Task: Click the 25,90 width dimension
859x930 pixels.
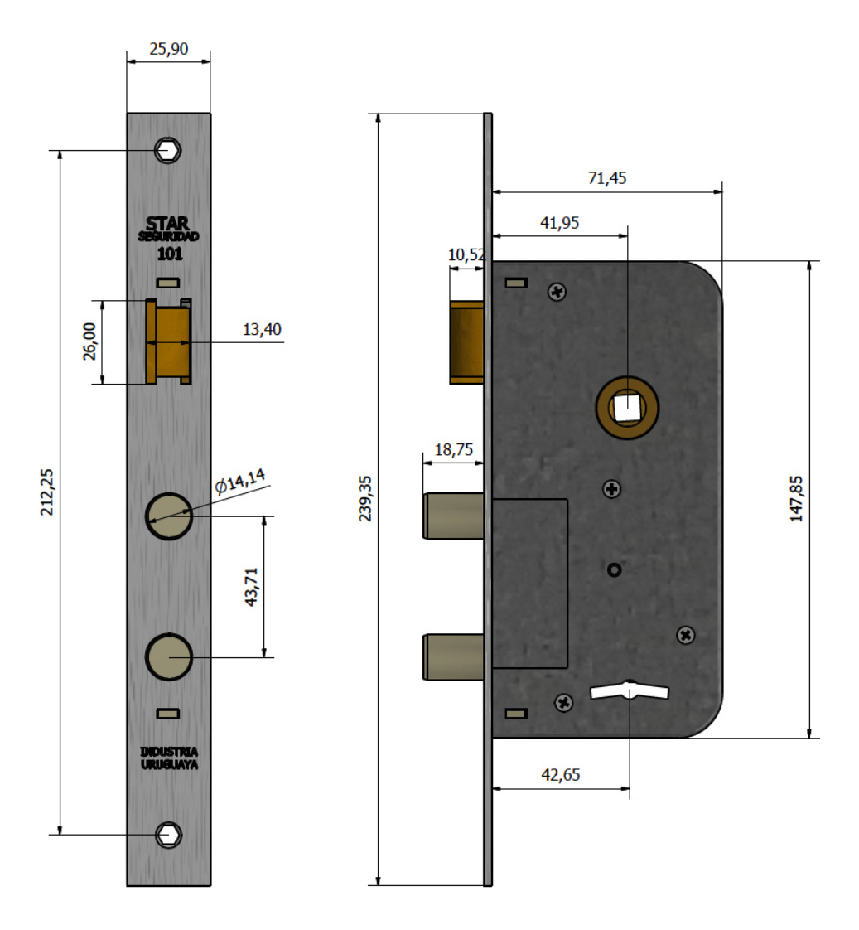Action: pos(168,49)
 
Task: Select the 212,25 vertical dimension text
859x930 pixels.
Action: pos(47,492)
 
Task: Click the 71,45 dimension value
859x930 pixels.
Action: pos(607,178)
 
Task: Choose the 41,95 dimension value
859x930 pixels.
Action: pos(560,222)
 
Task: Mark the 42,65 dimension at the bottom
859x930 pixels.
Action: pos(561,775)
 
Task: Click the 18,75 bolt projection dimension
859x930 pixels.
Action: pos(453,450)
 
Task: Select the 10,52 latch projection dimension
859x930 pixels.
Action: pos(466,255)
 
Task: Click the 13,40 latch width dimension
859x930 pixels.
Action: pos(262,330)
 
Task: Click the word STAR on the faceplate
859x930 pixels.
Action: pos(167,224)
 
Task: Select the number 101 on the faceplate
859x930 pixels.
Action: pos(169,254)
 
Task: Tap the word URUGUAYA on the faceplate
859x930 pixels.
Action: pos(169,766)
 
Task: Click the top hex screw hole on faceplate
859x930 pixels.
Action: pos(169,151)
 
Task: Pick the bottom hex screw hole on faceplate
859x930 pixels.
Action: pos(169,835)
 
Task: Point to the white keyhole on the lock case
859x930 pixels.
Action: pos(629,690)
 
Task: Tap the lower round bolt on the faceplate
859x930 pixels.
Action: pos(169,656)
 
